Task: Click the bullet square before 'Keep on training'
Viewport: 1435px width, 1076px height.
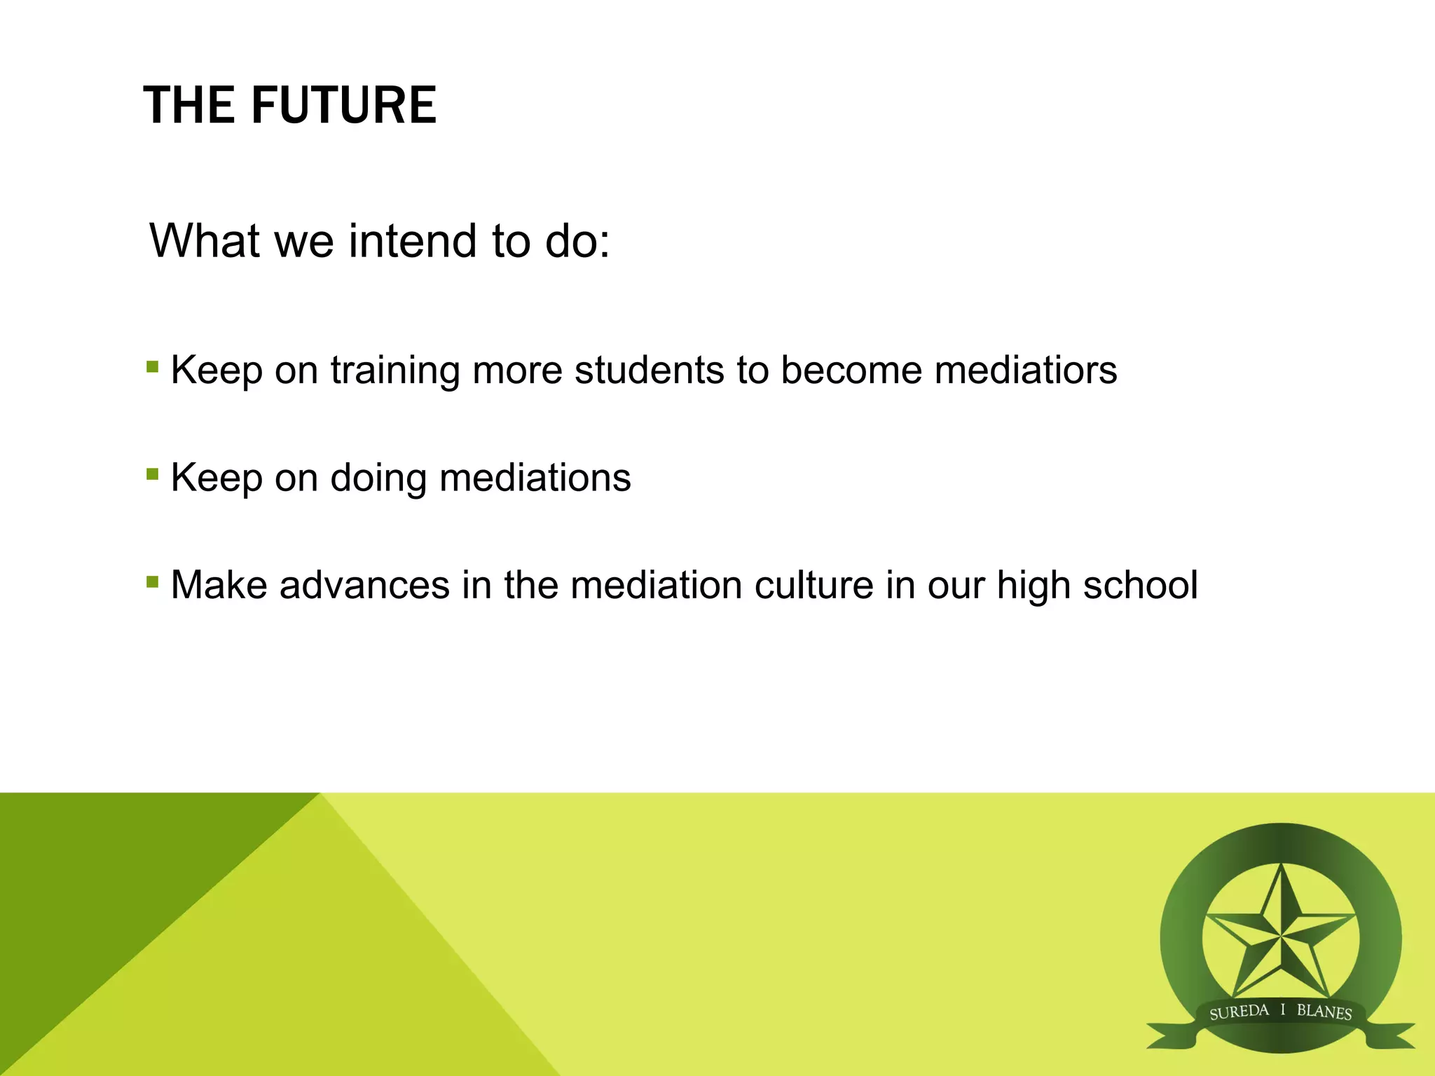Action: click(152, 366)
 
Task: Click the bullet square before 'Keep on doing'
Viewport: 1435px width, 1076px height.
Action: click(152, 474)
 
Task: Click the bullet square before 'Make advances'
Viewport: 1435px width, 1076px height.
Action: click(152, 581)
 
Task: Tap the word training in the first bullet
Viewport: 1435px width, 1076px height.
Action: click(395, 371)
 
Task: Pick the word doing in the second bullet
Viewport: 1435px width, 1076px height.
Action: click(378, 479)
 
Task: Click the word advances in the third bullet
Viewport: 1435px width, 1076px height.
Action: click(364, 585)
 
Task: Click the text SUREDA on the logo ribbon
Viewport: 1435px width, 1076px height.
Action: click(1239, 1012)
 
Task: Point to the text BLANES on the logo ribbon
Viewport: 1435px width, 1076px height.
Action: click(1324, 1012)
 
